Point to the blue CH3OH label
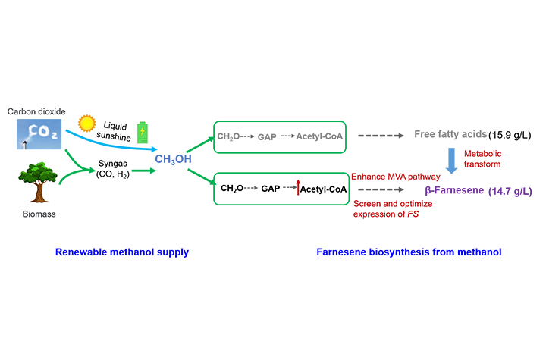pos(173,158)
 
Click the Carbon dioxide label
pos(36,111)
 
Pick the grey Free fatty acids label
pos(450,135)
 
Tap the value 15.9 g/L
pos(511,136)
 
